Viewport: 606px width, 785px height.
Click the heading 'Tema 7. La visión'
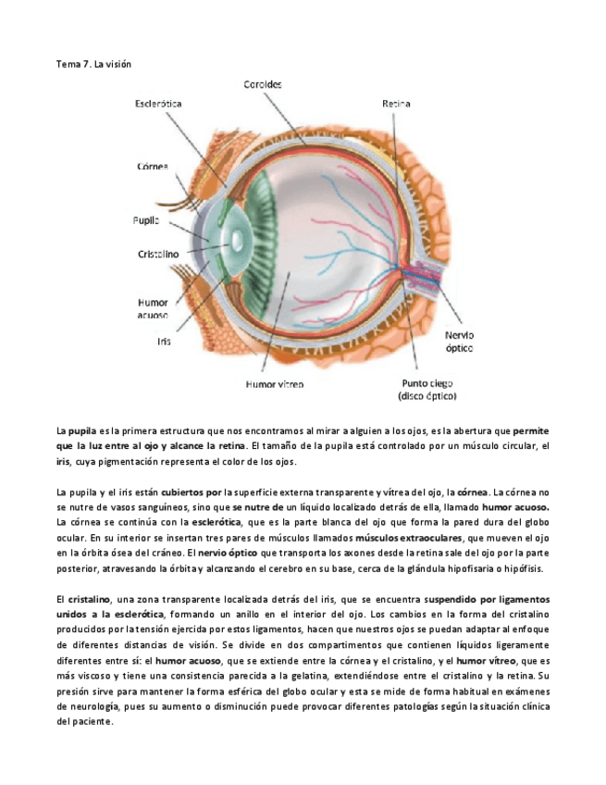click(95, 64)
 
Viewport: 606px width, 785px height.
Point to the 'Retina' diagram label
click(396, 105)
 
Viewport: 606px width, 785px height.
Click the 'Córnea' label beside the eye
click(152, 167)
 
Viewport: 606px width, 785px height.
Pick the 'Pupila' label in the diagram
click(146, 220)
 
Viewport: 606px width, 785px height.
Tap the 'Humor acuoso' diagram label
click(152, 308)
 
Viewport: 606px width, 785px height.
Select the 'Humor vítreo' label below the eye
click(275, 382)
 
